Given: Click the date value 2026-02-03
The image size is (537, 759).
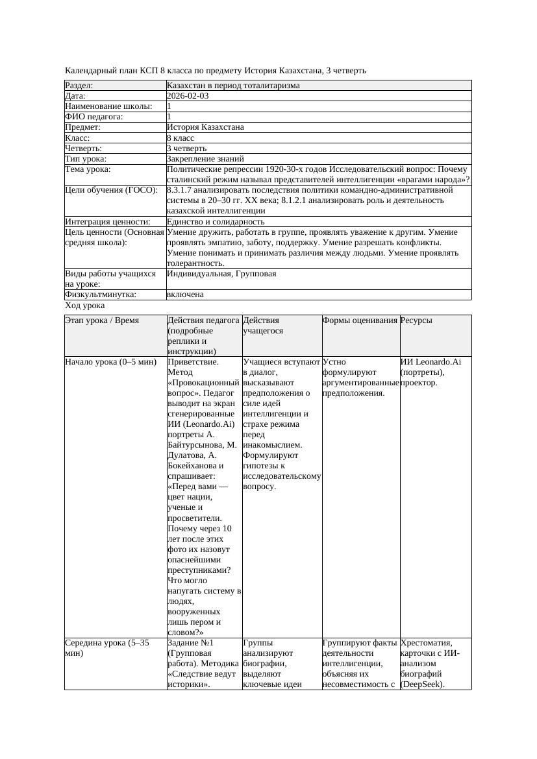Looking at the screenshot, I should point(188,96).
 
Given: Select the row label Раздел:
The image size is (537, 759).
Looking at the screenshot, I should point(79,86).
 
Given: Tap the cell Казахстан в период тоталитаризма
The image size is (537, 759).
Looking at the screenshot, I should point(233,86).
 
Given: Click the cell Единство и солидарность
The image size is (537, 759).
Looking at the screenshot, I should point(216,222).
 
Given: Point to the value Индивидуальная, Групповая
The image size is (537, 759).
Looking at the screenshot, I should point(221,274).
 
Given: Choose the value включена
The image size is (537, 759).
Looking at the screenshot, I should point(185,295).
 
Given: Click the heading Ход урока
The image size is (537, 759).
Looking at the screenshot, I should point(85,306).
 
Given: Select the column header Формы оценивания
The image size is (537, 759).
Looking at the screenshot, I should point(360,320).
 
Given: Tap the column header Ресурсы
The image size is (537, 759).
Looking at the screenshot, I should point(416,320).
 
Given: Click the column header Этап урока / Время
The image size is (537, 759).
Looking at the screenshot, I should point(102,320).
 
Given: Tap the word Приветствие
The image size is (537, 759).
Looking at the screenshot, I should point(193,362).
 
